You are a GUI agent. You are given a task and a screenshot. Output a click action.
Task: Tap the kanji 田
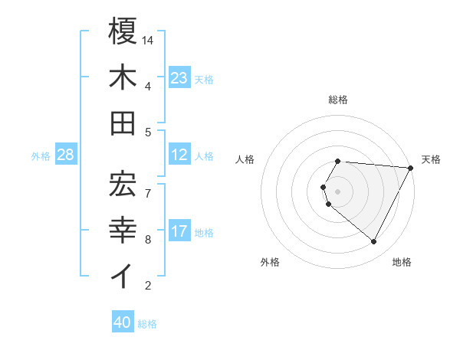(x=123, y=123)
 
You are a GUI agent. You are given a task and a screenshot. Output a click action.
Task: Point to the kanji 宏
(x=123, y=182)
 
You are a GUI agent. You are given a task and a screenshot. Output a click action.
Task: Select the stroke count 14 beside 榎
(x=149, y=40)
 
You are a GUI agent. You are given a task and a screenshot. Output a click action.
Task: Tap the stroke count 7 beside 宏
(x=148, y=186)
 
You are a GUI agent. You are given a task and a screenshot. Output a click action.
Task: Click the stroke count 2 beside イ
(x=148, y=286)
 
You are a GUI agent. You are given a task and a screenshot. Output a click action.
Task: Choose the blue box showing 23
(x=179, y=78)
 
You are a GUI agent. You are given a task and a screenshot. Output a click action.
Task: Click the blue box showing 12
(x=179, y=155)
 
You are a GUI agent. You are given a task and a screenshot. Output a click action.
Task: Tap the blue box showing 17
(x=179, y=231)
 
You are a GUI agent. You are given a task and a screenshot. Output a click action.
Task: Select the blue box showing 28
(x=66, y=155)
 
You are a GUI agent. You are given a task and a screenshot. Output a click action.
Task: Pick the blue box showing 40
(x=123, y=322)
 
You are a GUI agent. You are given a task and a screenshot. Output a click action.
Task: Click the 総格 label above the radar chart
(x=338, y=100)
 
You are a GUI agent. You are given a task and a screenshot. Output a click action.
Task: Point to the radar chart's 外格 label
(x=270, y=262)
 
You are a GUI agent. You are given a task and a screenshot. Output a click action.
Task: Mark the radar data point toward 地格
(x=374, y=242)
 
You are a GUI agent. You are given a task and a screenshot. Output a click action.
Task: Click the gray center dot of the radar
(x=338, y=191)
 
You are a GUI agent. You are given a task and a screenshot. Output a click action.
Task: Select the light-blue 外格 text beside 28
(x=41, y=156)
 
